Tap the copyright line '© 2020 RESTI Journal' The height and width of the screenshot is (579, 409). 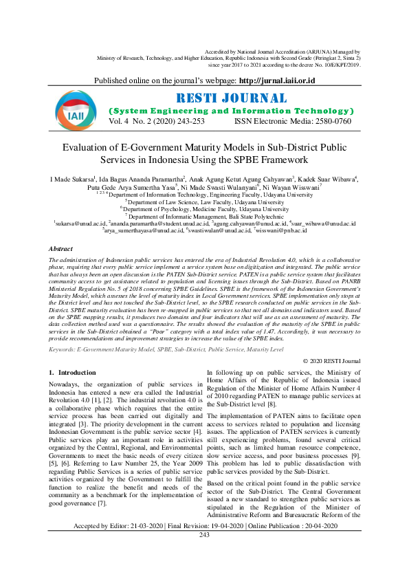331,360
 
